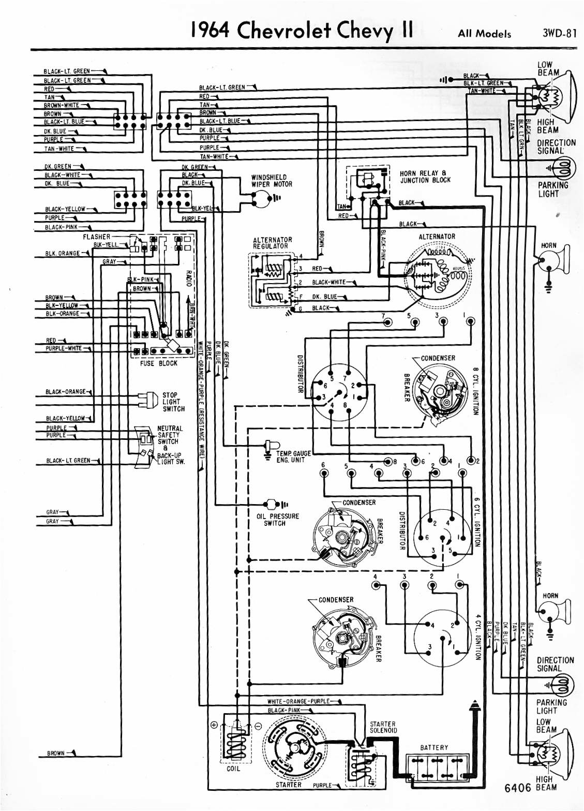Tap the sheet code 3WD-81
coord(559,33)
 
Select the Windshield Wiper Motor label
coord(272,181)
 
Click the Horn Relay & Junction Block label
coord(425,176)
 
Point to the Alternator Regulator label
coord(272,243)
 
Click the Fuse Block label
coord(158,363)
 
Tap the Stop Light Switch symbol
coord(148,400)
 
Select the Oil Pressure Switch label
coord(278,520)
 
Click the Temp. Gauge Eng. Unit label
coord(293,456)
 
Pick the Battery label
coord(434,747)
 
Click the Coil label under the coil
coord(233,769)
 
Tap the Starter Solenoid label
coord(383,727)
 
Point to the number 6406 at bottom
coord(518,788)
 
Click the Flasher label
coord(97,237)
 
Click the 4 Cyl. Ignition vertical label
coord(478,637)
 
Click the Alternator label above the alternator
coord(437,237)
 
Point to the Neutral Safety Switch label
coord(170,435)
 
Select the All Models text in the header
coord(484,34)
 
